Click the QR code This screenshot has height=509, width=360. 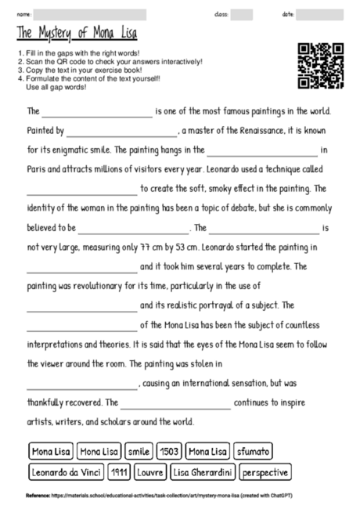tap(321, 65)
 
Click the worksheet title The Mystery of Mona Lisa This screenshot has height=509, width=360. tap(77, 34)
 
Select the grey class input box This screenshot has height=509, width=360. tap(241, 15)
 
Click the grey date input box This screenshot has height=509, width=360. tap(319, 15)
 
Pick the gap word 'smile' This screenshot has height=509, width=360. tap(139, 452)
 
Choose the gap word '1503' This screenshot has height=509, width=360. tap(168, 452)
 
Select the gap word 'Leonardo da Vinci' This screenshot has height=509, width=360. tap(67, 472)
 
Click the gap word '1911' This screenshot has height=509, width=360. tap(120, 472)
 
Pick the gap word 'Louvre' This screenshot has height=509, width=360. tap(150, 472)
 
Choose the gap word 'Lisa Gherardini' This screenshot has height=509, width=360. tap(203, 472)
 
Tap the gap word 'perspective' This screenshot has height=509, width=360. tap(265, 472)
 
